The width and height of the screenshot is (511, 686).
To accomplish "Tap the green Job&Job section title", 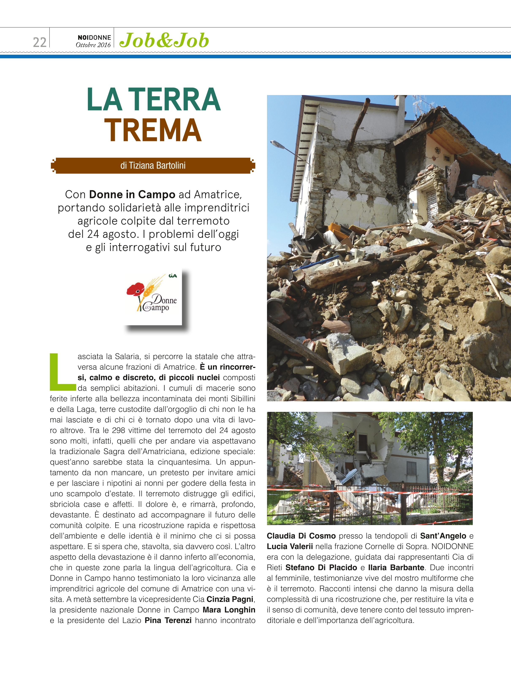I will (x=164, y=41).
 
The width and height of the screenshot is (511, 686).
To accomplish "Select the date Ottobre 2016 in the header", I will (x=93, y=45).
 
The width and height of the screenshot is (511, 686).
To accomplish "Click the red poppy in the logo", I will (x=135, y=289).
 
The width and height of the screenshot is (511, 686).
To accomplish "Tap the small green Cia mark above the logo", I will (x=173, y=275).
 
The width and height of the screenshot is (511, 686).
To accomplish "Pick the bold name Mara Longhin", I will (x=229, y=610).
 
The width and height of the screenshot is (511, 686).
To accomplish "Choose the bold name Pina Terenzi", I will (x=168, y=620).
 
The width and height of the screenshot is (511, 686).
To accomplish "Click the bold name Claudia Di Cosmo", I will (x=301, y=536).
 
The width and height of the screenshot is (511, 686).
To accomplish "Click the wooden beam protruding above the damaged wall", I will (x=359, y=124).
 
